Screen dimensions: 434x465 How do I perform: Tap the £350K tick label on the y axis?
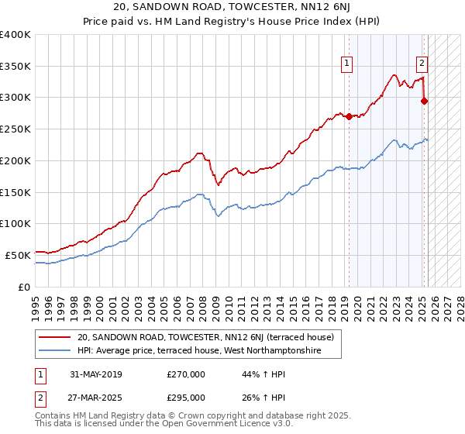tap(15, 67)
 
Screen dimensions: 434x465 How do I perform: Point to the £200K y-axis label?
tap(15, 160)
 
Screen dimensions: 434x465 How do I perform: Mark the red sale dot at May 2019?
tap(349, 117)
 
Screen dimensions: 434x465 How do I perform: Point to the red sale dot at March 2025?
tap(425, 101)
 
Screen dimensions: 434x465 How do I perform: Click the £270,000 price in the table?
tap(186, 374)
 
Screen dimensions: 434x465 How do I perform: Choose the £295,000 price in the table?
tap(186, 397)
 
